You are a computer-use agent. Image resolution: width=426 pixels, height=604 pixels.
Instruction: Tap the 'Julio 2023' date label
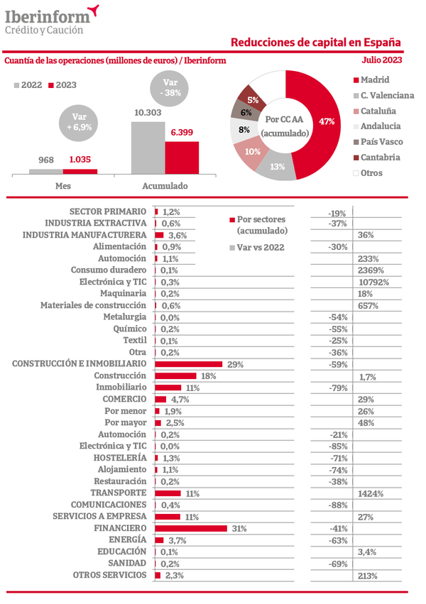click(382, 60)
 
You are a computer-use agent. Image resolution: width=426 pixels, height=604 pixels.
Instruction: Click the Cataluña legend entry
click(378, 111)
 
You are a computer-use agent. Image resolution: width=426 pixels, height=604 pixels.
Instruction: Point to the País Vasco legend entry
click(381, 142)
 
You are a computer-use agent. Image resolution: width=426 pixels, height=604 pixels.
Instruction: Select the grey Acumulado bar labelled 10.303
click(148, 147)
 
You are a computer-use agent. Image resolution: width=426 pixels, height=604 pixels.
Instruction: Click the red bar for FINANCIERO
click(190, 528)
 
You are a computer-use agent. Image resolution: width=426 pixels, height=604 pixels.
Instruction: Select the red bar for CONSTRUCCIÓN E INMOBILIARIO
click(188, 364)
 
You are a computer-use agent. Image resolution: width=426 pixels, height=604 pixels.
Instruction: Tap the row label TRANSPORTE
click(118, 493)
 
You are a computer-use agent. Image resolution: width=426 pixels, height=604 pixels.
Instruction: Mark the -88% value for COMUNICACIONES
click(337, 505)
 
